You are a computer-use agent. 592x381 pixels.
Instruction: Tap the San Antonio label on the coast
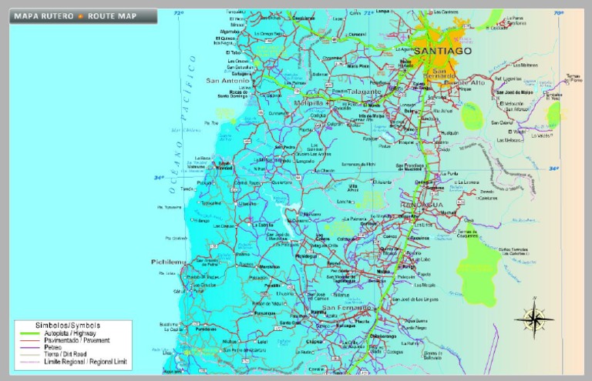point(227,80)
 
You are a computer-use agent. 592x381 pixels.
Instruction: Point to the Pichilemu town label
point(168,262)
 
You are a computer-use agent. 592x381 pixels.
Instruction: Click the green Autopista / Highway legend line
point(30,333)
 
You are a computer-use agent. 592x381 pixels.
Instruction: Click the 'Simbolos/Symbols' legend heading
point(67,326)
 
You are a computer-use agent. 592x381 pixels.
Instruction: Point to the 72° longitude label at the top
point(179,13)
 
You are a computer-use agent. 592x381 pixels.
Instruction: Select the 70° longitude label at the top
point(559,13)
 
